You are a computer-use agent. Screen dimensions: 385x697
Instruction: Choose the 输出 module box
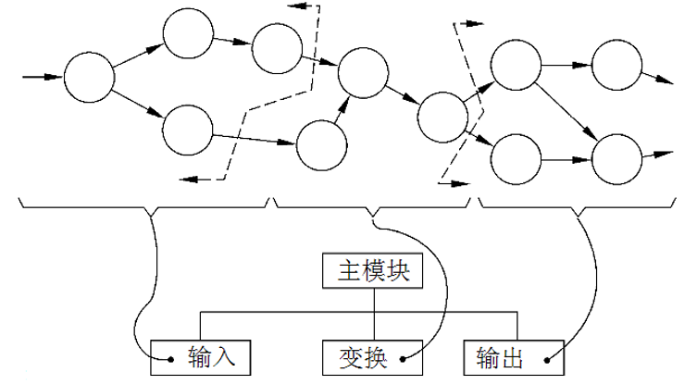click(x=511, y=355)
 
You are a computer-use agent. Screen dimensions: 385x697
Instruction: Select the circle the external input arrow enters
click(x=89, y=77)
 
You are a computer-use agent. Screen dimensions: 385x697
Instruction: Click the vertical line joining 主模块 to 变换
click(x=373, y=315)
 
